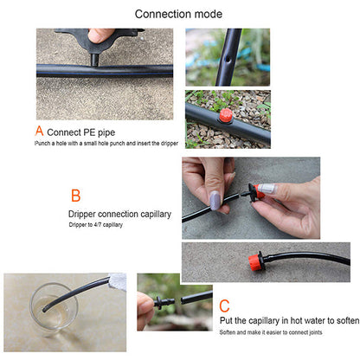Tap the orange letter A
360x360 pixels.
(38, 131)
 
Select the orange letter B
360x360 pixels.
(75, 196)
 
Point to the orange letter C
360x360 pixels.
(224, 305)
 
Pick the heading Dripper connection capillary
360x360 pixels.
(118, 213)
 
